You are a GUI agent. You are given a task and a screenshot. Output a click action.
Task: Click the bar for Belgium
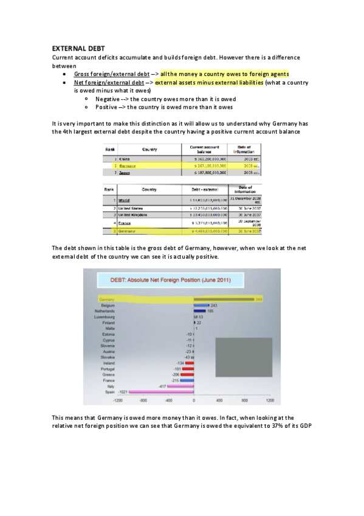201,305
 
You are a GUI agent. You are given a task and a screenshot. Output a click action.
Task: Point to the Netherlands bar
200,311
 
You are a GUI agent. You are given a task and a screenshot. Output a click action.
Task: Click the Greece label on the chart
110,375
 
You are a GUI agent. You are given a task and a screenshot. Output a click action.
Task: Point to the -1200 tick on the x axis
118,400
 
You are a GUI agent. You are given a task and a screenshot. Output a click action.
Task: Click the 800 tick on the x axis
244,400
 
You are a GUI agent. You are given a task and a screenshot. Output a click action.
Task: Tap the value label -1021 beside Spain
122,392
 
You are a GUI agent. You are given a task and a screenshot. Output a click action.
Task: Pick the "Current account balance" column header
204,148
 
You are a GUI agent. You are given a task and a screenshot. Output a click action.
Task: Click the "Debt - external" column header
205,189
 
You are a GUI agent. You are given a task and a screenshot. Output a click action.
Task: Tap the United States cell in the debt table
136,208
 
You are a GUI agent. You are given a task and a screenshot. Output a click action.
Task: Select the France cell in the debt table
125,223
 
